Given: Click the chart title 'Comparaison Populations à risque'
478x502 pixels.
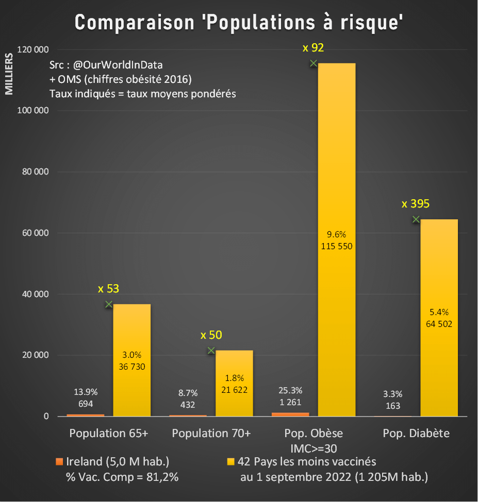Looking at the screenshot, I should pyautogui.click(x=239, y=23).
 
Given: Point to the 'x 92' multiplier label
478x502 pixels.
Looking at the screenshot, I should pyautogui.click(x=313, y=48).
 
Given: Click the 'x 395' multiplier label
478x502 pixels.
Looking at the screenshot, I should pyautogui.click(x=416, y=204).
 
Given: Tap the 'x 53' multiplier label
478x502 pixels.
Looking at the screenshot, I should pyautogui.click(x=108, y=289).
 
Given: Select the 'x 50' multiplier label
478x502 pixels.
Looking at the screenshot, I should pyautogui.click(x=211, y=335).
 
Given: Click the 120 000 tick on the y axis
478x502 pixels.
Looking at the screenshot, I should pyautogui.click(x=33, y=49).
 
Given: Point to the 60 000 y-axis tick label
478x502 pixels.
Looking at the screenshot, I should pyautogui.click(x=35, y=233).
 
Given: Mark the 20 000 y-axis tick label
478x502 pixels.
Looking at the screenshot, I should pyautogui.click(x=35, y=355).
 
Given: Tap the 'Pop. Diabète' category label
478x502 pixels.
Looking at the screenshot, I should pyautogui.click(x=416, y=433).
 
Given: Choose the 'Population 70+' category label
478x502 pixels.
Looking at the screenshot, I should pyautogui.click(x=211, y=433).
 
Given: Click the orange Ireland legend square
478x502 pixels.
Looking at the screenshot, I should pyautogui.click(x=59, y=460).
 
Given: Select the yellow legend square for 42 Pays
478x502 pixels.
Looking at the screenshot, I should pyautogui.click(x=230, y=460).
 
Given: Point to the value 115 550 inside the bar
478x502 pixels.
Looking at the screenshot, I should pyautogui.click(x=336, y=246).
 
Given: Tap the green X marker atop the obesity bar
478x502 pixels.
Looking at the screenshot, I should pyautogui.click(x=313, y=63).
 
